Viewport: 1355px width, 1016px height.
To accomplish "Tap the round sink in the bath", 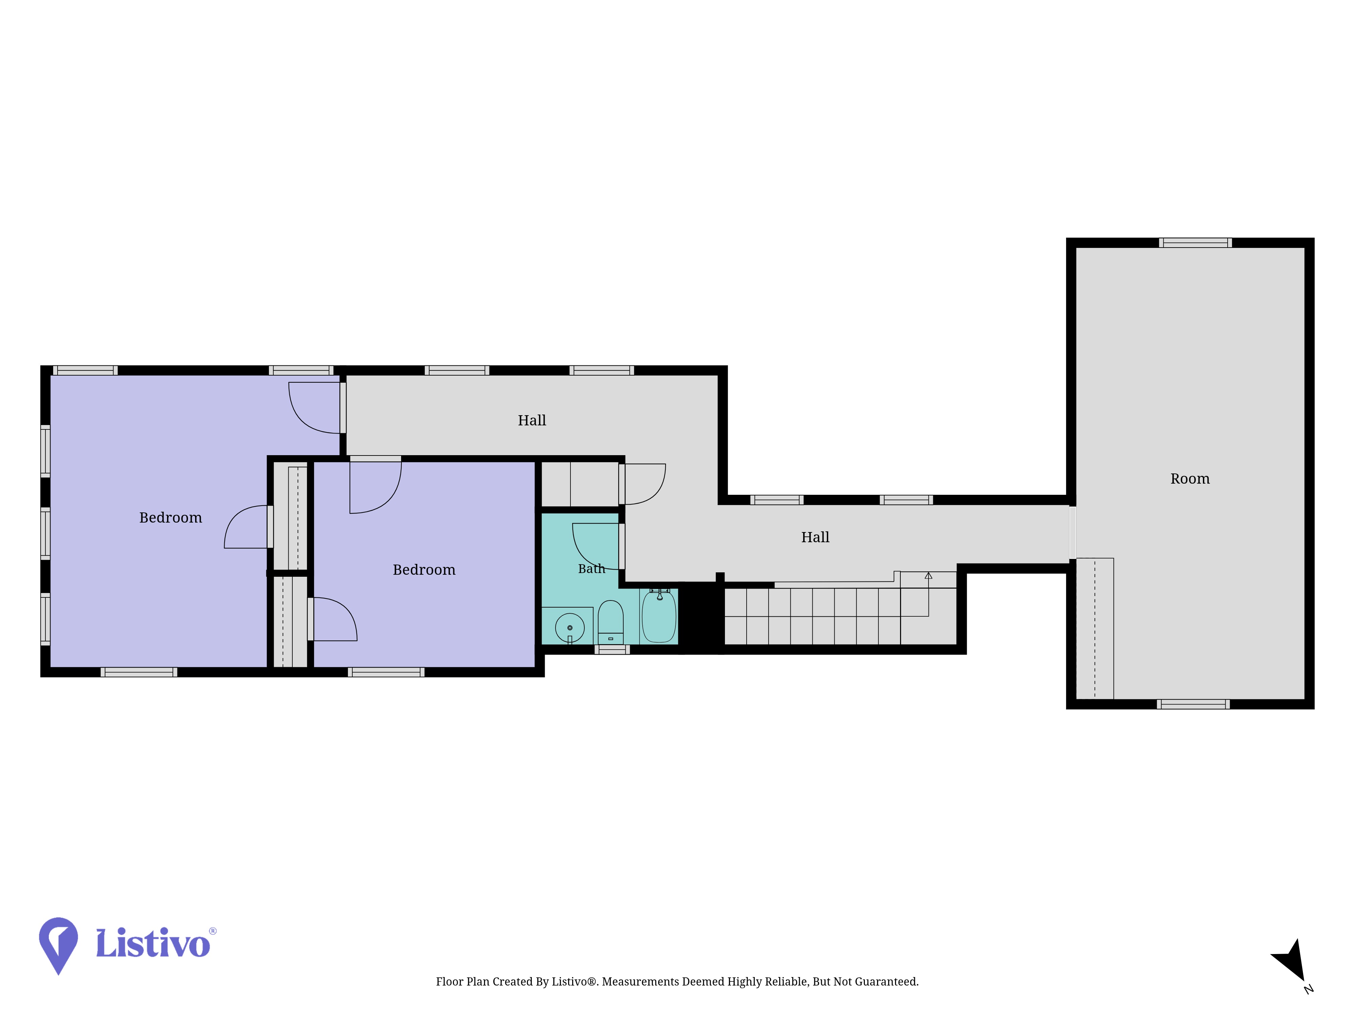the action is (570, 628).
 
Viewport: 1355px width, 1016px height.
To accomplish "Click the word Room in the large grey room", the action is (1190, 479).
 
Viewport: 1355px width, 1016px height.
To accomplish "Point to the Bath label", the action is (591, 569).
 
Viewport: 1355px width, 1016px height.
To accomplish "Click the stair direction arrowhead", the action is (928, 576).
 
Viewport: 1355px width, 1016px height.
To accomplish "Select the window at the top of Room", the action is (1195, 242).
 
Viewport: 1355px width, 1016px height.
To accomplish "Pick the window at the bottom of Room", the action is (1193, 704).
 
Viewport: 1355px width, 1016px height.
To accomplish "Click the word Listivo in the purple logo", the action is (153, 943).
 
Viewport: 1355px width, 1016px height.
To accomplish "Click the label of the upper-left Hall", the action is (532, 421).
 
